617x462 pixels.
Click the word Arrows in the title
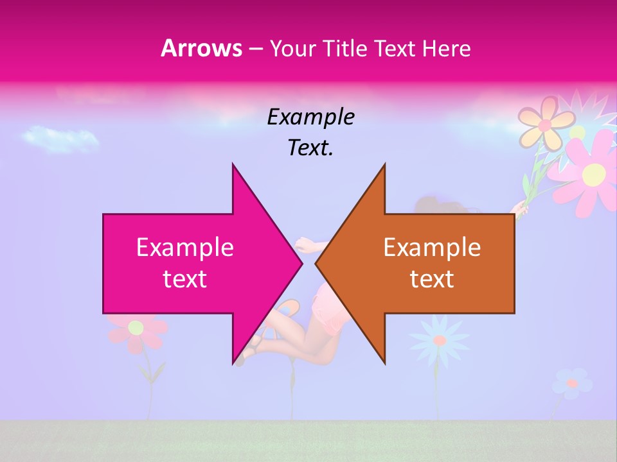coord(201,48)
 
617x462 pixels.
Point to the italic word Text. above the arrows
coord(311,148)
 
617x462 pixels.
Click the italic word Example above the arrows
coord(311,117)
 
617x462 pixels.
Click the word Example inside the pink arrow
coord(185,248)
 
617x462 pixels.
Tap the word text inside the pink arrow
coord(185,279)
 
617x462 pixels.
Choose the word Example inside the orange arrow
coord(432,248)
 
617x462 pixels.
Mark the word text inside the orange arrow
coord(432,279)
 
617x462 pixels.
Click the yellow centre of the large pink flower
coord(594,173)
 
